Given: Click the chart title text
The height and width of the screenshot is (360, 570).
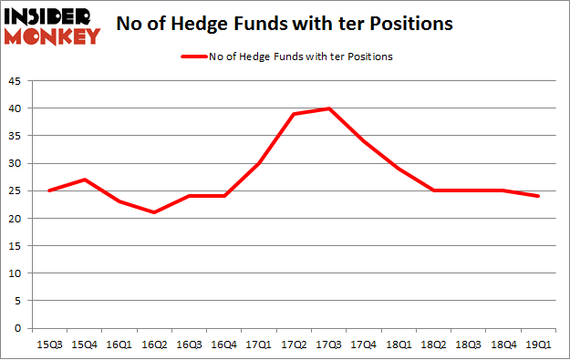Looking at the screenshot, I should click(285, 25).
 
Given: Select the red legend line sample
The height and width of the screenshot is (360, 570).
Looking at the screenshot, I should click(194, 57).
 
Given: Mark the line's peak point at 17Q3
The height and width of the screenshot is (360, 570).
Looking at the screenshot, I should click(328, 108).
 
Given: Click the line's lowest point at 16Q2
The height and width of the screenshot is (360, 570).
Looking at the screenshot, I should click(154, 212).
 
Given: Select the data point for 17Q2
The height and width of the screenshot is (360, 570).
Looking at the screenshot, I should click(294, 114).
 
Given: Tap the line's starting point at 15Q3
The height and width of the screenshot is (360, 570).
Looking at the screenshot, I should click(49, 190).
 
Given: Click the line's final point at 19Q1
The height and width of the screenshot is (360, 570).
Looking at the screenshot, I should click(538, 196).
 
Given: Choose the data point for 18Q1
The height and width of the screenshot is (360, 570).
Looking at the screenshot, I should click(399, 169).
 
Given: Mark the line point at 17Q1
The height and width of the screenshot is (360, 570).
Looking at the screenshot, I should click(259, 163).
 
